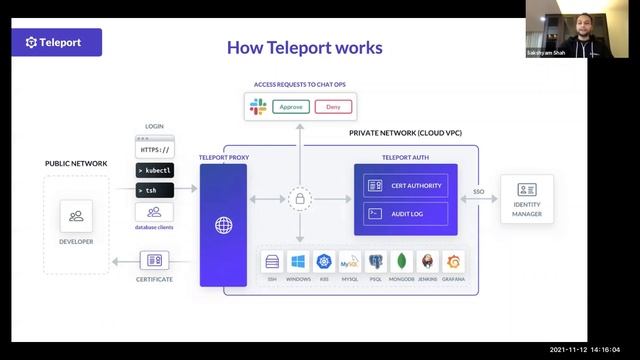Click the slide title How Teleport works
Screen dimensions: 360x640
click(304, 47)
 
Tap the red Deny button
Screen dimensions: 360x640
click(334, 105)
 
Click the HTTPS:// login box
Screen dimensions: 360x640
click(154, 149)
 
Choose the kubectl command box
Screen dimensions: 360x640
click(154, 170)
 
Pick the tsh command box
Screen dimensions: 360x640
click(154, 190)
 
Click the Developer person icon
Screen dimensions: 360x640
click(76, 216)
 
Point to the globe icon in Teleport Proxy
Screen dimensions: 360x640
click(223, 225)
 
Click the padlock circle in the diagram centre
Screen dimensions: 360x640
click(298, 200)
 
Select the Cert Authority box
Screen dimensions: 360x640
click(405, 185)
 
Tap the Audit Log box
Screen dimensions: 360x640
click(405, 213)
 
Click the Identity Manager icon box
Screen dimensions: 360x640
click(527, 189)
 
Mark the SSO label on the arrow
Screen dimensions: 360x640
click(479, 190)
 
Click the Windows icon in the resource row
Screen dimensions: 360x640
click(298, 262)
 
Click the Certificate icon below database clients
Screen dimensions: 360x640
click(154, 260)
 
